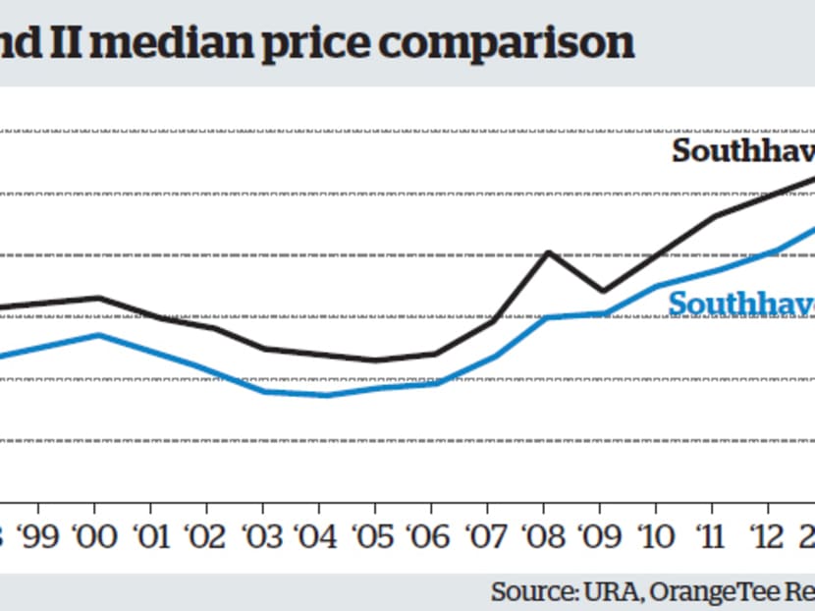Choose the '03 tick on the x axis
click(263, 536)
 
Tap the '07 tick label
click(489, 536)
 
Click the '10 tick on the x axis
click(658, 536)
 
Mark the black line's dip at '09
click(603, 291)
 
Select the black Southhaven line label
click(742, 151)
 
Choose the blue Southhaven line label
click(741, 305)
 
